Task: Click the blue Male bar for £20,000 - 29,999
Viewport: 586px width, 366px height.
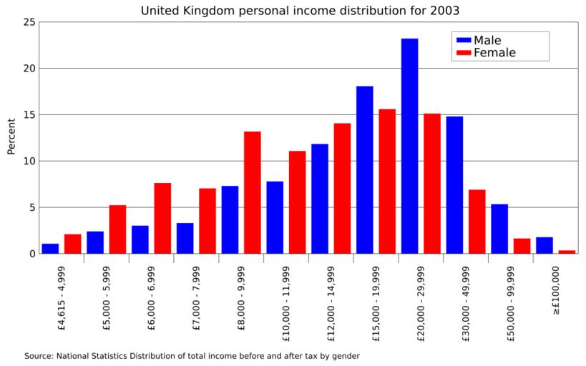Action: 409,146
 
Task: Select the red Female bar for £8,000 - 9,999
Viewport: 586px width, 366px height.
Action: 252,192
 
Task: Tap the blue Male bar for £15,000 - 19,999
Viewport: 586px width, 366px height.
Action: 364,169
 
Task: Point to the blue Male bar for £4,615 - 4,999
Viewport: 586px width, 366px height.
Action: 50,249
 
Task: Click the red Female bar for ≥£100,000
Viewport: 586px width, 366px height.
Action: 567,252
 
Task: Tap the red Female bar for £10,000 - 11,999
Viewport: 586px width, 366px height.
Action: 297,202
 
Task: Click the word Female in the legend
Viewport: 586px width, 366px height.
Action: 494,53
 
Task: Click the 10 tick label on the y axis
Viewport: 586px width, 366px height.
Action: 29,161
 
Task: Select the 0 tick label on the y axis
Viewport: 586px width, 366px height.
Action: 32,254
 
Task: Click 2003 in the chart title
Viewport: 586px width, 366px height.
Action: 442,11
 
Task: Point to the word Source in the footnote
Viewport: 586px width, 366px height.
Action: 39,355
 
